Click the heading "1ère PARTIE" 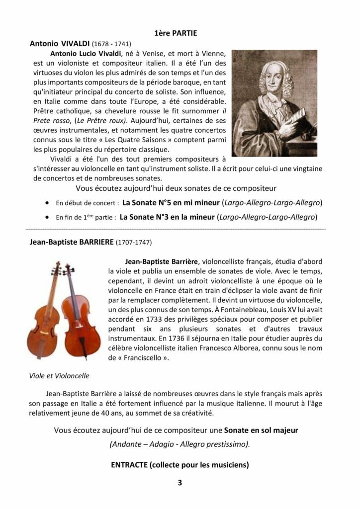coord(176,33)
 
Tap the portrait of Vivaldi coord(274,103)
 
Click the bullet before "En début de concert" coord(47,203)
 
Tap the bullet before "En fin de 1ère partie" coord(47,217)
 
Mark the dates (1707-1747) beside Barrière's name coord(134,243)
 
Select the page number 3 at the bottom coord(180,483)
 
